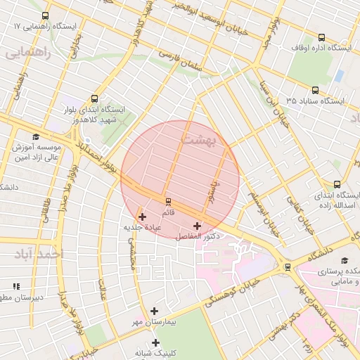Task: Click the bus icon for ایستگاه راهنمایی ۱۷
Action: [x=46, y=15]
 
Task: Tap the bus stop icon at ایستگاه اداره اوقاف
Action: [x=321, y=38]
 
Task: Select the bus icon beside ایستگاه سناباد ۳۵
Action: [x=315, y=90]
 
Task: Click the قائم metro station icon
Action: [x=167, y=202]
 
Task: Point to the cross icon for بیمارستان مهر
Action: [x=155, y=311]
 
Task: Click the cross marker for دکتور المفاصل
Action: [x=196, y=226]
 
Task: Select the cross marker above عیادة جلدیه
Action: [x=143, y=217]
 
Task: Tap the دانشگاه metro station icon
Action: [x=287, y=266]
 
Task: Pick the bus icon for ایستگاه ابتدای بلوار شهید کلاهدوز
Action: [x=95, y=99]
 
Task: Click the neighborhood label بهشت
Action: [x=201, y=140]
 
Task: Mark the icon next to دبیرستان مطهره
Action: [x=16, y=286]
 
